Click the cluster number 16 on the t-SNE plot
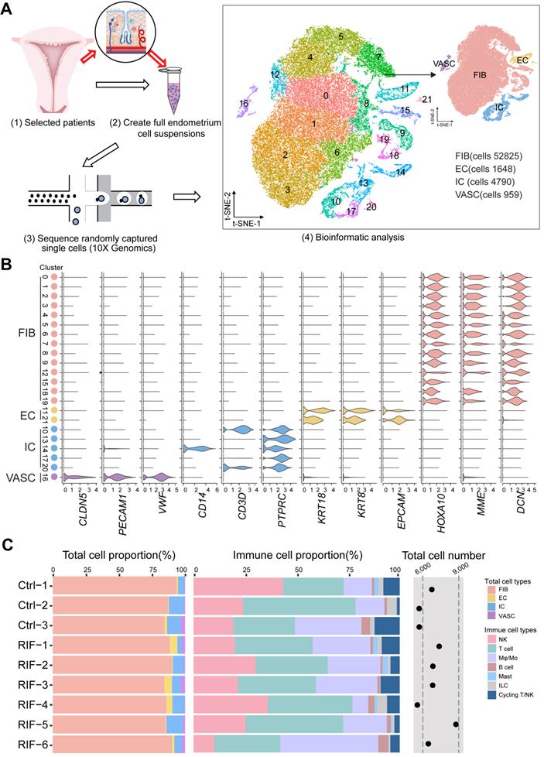(x=245, y=103)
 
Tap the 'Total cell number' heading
(x=443, y=555)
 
